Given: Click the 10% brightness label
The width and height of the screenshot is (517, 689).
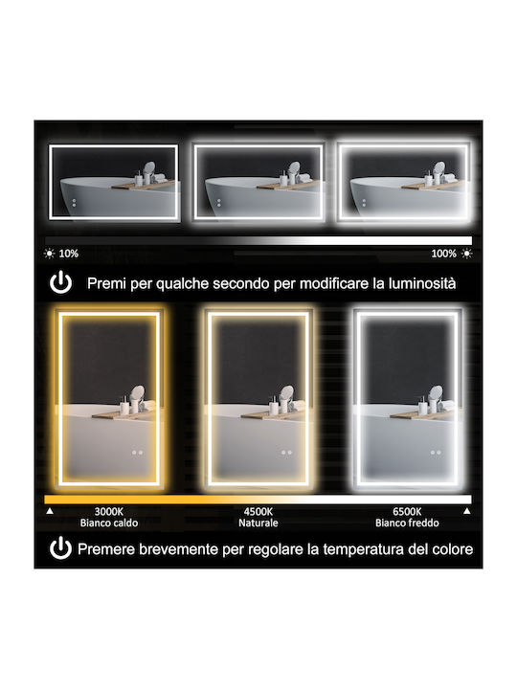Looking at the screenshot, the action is click(x=69, y=254).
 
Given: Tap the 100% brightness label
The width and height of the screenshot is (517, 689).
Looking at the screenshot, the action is click(x=443, y=254).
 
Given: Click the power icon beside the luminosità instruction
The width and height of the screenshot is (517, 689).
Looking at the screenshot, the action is click(x=60, y=282).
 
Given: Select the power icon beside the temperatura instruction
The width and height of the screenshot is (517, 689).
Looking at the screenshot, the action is click(x=60, y=548).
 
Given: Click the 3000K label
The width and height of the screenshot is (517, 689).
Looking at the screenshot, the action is click(x=109, y=511).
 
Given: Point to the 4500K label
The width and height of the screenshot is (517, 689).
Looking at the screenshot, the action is click(x=258, y=511).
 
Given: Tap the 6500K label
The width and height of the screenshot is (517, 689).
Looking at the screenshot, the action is click(x=407, y=511).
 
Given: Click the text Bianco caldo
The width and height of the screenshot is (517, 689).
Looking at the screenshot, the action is click(x=109, y=522).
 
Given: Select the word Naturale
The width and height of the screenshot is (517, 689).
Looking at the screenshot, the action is click(x=258, y=522).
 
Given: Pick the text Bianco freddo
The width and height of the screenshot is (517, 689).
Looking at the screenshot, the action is click(x=407, y=522).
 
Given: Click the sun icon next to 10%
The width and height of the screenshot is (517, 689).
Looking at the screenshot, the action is click(x=49, y=254).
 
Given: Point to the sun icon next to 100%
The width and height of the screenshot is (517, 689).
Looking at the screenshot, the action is click(x=466, y=254).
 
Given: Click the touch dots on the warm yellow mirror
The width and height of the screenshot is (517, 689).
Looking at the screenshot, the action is click(x=137, y=452).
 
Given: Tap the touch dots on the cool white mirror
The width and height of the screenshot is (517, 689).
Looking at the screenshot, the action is click(x=436, y=452).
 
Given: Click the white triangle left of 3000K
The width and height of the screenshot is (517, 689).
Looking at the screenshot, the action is click(x=50, y=511).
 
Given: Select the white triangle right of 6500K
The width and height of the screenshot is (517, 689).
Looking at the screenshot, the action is click(x=467, y=511).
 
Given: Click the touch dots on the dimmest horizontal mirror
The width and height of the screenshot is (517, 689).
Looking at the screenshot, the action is click(x=74, y=203).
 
